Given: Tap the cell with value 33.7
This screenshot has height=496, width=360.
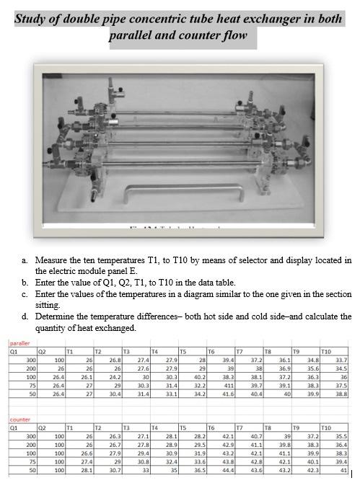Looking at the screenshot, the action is click(x=339, y=359).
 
